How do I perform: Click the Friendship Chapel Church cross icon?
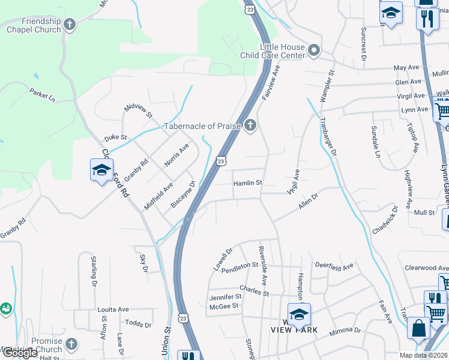[x=70, y=25]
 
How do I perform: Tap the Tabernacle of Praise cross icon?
[x=250, y=125]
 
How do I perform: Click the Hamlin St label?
[x=248, y=182]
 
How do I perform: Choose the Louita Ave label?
[x=113, y=310]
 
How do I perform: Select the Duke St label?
[x=115, y=137]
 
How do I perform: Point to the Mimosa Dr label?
[x=345, y=330]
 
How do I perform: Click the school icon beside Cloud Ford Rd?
[x=101, y=169]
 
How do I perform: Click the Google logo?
[x=20, y=353]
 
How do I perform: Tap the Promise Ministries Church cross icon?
[x=71, y=344]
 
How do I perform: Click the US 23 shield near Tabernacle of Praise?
[x=221, y=161]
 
